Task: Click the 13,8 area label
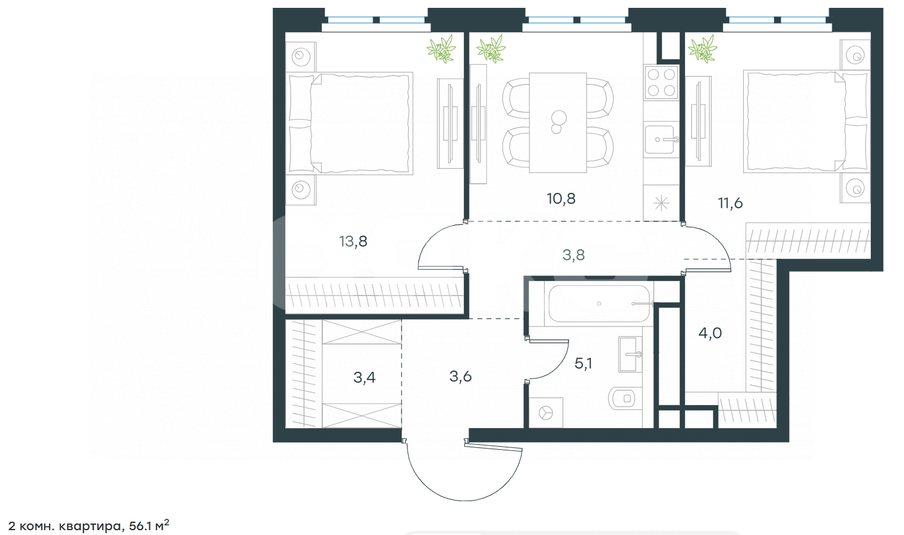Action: coord(353,242)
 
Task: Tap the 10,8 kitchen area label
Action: coord(561,198)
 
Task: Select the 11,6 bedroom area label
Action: coord(730,203)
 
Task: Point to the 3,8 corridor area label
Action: coord(573,255)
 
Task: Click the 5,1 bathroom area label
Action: coord(583,363)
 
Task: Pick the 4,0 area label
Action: coord(710,333)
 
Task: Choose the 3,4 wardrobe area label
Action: coord(365,378)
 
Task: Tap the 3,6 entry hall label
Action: coord(461,377)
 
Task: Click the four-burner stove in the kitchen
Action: coord(661,83)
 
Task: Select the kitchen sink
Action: coord(660,140)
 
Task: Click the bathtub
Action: coord(599,303)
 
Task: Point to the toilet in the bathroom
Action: coord(625,398)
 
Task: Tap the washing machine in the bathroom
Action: coord(545,413)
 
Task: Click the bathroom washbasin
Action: coord(630,354)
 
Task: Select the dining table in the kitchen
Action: coord(558,123)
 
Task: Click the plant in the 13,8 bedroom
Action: coord(441,49)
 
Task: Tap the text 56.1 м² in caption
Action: coord(149,525)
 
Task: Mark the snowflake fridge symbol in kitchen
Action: coord(661,203)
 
